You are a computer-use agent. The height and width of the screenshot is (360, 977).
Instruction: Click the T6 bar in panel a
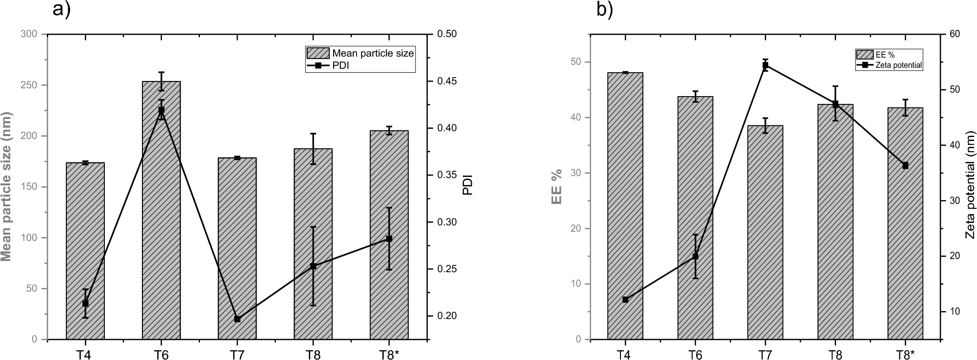click(161, 210)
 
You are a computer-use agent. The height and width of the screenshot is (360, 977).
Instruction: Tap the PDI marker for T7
click(237, 319)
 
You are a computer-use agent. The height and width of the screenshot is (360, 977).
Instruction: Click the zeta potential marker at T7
click(765, 65)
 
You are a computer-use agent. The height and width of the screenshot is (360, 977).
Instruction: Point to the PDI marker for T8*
click(389, 239)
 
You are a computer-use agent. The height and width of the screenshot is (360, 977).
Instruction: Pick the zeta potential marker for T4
click(625, 300)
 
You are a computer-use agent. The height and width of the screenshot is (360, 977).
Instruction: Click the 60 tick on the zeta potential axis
click(954, 34)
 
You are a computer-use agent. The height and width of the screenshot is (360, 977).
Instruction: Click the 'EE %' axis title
click(557, 186)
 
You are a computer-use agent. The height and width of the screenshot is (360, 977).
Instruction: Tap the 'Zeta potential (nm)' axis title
click(970, 186)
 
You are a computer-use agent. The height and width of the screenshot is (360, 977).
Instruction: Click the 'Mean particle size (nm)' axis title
click(7, 186)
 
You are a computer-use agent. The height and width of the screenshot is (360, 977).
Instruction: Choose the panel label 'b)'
click(604, 10)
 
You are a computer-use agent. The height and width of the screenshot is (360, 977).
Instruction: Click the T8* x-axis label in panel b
click(905, 354)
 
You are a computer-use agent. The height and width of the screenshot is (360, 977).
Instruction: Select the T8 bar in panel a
click(313, 244)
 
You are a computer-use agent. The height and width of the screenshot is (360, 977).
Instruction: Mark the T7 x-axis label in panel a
click(237, 354)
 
